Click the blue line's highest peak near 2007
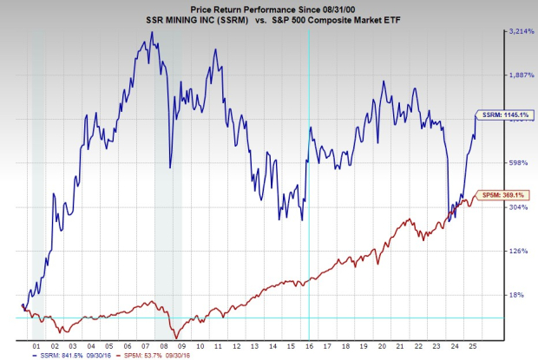tap(151, 33)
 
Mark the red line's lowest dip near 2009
tap(174, 337)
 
